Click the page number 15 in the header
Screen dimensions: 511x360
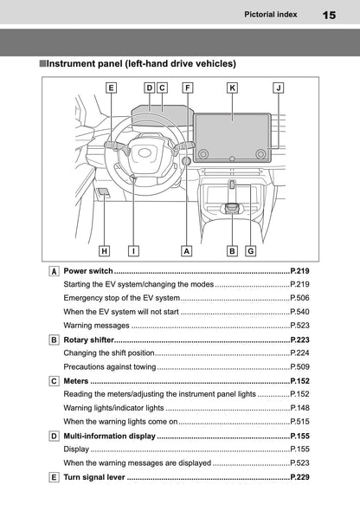click(x=328, y=15)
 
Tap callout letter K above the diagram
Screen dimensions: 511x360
click(x=232, y=87)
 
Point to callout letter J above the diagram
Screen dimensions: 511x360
click(x=277, y=87)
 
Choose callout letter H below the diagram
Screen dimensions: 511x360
click(x=104, y=251)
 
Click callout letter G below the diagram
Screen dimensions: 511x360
click(x=250, y=251)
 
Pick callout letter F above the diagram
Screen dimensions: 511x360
click(x=188, y=87)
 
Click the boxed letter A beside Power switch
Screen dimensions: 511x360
click(x=55, y=272)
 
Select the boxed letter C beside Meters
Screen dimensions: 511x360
click(x=55, y=381)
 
